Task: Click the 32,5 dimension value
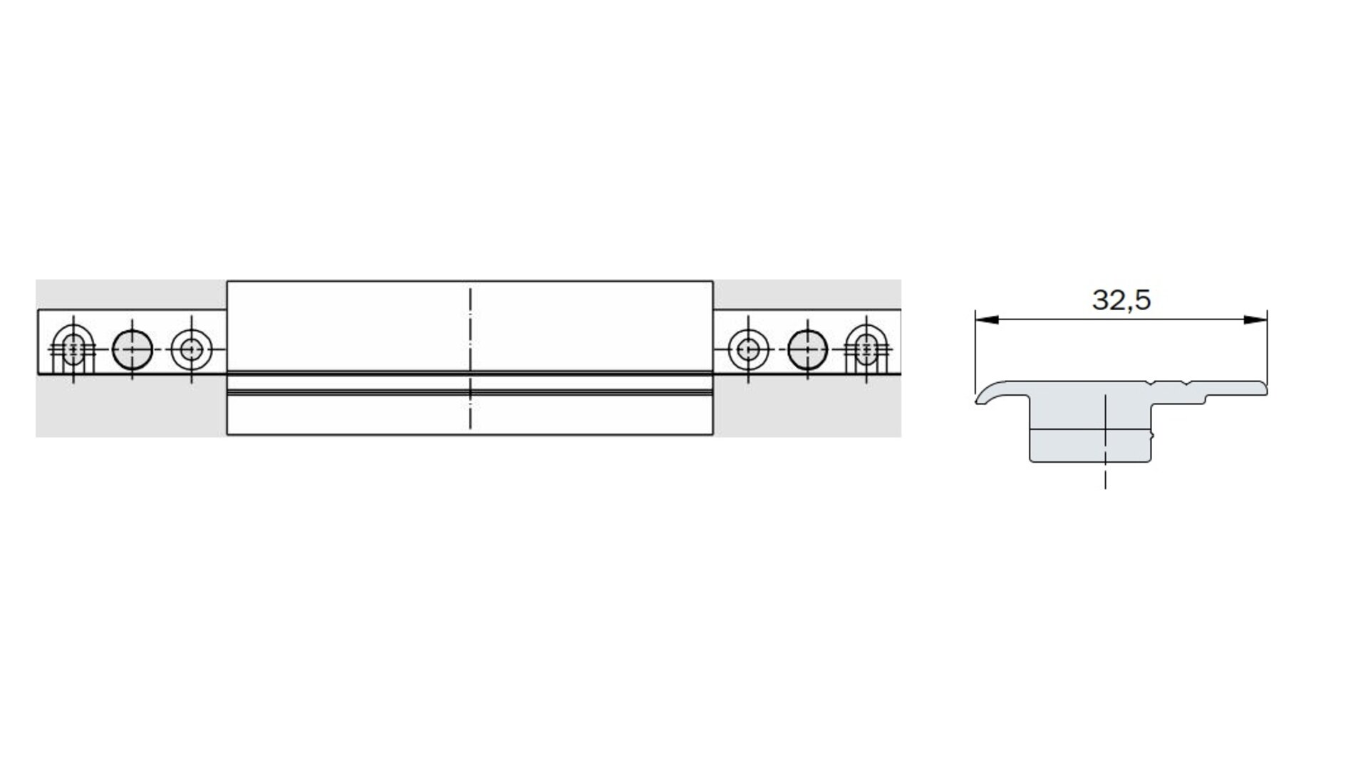[x=1121, y=300]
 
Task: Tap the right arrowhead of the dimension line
[x=1255, y=320]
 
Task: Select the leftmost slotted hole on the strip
[x=74, y=349]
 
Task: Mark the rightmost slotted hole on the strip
[x=866, y=349]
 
